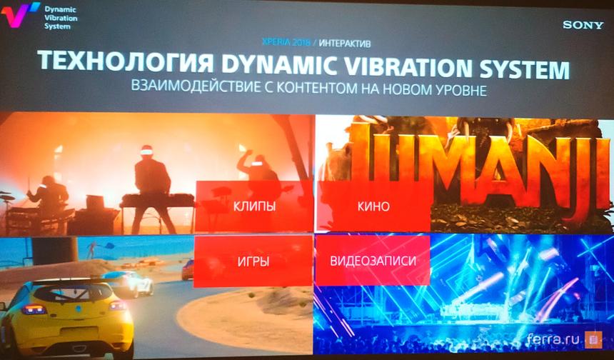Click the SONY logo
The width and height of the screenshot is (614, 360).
[583, 25]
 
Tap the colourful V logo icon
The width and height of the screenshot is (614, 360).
[21, 14]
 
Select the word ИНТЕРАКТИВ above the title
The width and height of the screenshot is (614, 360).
[345, 43]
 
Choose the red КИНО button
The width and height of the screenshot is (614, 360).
[374, 206]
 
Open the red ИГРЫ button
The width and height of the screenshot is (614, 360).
[253, 261]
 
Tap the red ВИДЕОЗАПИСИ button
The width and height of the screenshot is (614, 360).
[373, 261]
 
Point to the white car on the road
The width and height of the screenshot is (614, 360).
[130, 283]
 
